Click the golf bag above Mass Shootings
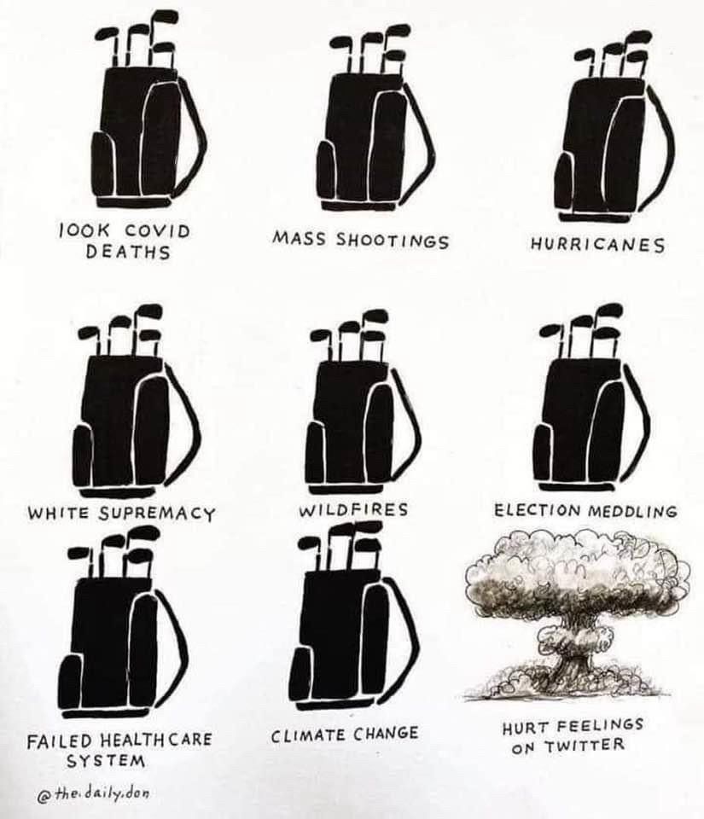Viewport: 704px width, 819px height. click(374, 125)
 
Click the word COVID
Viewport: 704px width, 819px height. click(157, 231)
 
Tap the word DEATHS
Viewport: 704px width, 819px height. click(128, 252)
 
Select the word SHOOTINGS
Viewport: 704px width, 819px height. click(393, 241)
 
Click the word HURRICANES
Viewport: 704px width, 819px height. click(598, 244)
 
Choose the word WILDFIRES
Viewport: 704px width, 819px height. click(353, 509)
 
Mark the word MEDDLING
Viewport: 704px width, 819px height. click(632, 510)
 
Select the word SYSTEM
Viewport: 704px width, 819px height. click(106, 760)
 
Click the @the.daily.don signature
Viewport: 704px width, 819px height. click(93, 793)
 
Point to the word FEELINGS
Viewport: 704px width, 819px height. click(601, 725)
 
